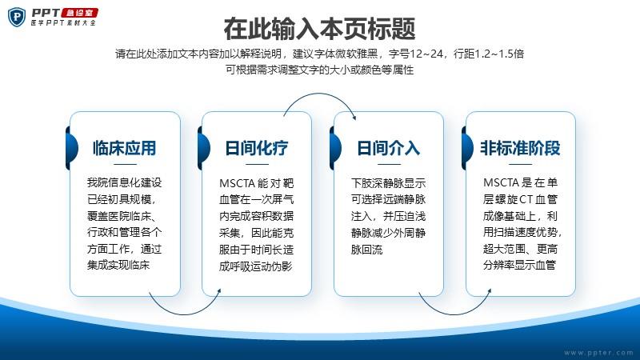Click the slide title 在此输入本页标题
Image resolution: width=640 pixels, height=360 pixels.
coord(319,29)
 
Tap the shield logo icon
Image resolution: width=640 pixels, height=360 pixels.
coord(17,17)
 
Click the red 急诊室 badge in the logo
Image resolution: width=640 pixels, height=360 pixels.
coord(79,13)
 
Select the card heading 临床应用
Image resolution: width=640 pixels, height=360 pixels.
coord(125,148)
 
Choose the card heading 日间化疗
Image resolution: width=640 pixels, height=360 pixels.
coord(257,148)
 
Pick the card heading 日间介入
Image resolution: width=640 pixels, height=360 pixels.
coord(389,148)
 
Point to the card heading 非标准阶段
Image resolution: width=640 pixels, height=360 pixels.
coord(521,148)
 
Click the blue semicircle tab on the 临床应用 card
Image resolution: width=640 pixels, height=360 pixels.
coord(72,148)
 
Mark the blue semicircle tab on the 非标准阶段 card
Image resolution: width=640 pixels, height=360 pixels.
coord(468,148)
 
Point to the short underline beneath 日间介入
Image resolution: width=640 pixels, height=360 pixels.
coord(389,165)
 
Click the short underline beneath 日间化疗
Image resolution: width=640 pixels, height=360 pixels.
coord(257,165)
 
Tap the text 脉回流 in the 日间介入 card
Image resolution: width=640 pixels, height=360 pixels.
coord(367,250)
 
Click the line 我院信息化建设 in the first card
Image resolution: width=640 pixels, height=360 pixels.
coord(125,182)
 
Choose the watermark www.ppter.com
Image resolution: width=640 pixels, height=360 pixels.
coord(598,353)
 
